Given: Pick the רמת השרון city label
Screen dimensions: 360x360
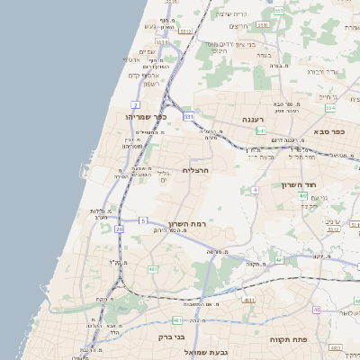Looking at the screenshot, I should tap(187, 222).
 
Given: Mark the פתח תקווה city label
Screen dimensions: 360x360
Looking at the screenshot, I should tap(291, 339).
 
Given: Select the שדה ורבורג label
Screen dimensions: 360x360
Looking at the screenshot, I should tap(322, 70).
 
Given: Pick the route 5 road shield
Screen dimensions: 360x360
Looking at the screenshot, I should tap(143, 220).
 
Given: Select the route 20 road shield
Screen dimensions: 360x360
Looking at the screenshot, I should tap(120, 229).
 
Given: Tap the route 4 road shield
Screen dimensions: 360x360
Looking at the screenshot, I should tap(256, 190).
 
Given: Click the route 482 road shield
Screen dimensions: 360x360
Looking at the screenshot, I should tap(153, 267).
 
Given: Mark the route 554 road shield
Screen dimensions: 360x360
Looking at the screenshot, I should tap(329, 108).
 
